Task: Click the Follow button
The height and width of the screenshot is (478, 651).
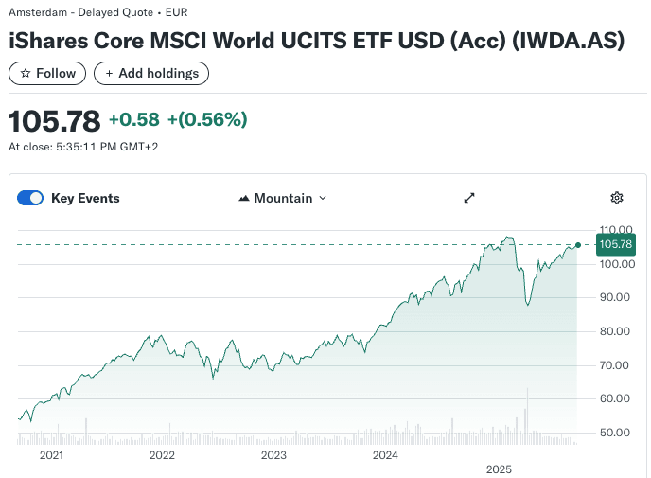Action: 47,73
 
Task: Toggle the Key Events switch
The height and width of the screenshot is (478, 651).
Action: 31,198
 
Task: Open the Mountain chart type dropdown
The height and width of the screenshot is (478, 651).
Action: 282,198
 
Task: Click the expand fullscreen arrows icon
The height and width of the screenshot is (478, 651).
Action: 468,198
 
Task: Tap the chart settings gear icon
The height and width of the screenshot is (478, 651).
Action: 617,198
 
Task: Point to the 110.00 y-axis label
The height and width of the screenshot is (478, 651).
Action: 615,230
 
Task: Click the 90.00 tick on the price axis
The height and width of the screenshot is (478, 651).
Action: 615,297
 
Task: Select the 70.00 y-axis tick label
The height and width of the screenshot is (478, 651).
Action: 615,365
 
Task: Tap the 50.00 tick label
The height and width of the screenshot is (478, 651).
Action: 615,433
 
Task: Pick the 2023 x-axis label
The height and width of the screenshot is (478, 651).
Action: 273,455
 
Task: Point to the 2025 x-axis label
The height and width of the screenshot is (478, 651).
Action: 498,469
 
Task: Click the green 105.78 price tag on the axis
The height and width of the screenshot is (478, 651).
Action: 615,244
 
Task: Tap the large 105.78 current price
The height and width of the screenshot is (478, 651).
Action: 54,121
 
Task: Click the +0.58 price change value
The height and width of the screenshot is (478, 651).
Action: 133,120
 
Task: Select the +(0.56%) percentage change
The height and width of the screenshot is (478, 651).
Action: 207,120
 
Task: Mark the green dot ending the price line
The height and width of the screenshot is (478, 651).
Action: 577,244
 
